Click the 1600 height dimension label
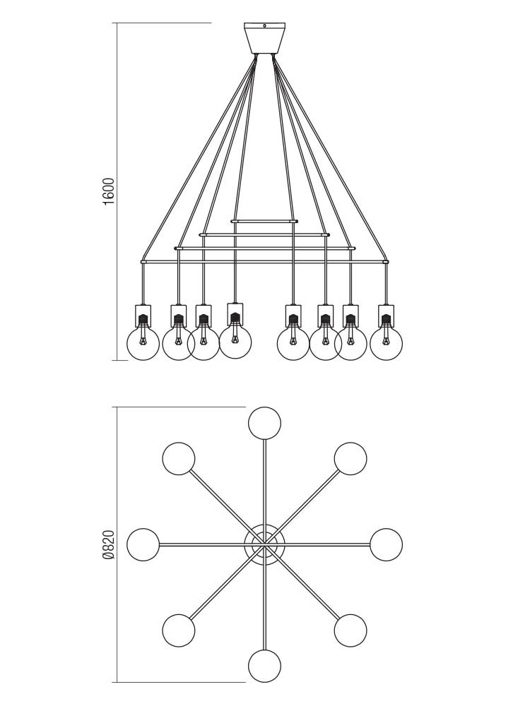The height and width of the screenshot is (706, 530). click(x=108, y=191)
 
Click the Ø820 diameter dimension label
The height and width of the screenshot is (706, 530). click(x=108, y=544)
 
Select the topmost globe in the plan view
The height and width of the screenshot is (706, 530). click(x=264, y=423)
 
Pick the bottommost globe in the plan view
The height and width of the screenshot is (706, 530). click(x=264, y=666)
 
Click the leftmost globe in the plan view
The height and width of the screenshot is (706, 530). click(x=143, y=544)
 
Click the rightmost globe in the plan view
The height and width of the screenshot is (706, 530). click(x=386, y=544)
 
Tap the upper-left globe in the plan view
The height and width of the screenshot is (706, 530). click(x=179, y=459)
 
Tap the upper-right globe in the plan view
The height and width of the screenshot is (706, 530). click(x=351, y=459)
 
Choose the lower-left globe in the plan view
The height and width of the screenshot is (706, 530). click(x=179, y=630)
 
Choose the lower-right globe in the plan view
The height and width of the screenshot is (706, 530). click(x=351, y=630)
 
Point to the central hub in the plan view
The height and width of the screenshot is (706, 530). click(x=264, y=544)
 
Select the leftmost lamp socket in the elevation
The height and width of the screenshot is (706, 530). click(x=143, y=316)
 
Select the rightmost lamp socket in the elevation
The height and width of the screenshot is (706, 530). click(x=386, y=316)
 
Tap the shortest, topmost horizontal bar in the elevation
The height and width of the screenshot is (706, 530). click(x=264, y=221)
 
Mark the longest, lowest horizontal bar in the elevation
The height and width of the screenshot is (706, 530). click(x=264, y=262)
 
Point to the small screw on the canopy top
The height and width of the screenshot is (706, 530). click(x=264, y=27)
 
